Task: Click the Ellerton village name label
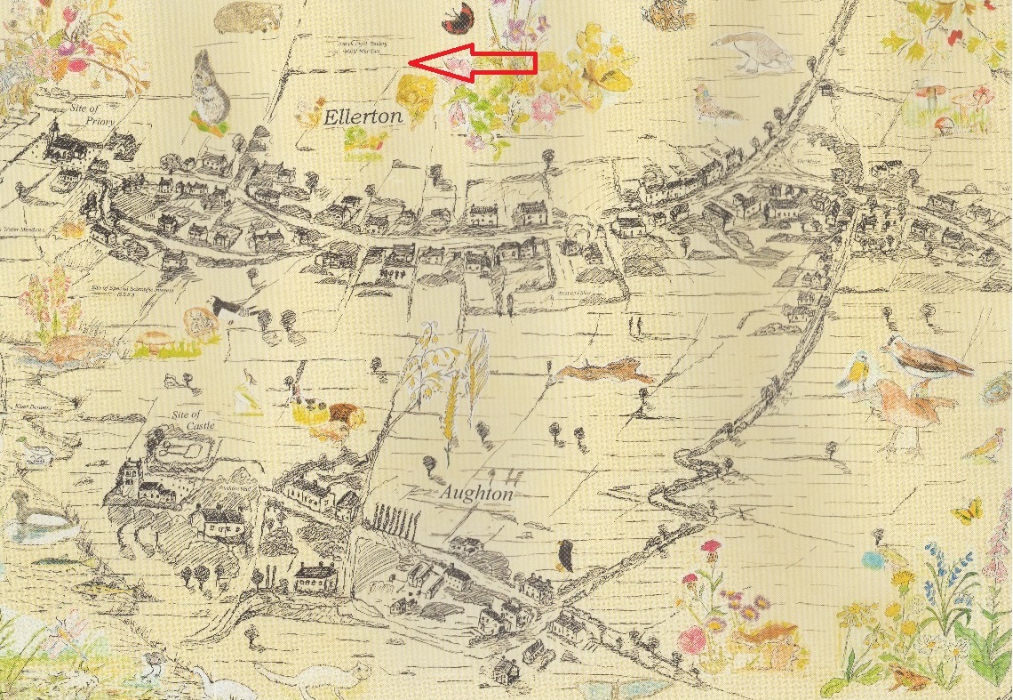coord(363,117)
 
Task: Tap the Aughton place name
coord(477,493)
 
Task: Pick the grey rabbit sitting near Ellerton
coord(211,90)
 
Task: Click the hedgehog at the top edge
coord(246,14)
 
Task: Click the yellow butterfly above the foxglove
coord(968,511)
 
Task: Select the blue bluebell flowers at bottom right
coord(938,570)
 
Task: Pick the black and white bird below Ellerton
coord(230,309)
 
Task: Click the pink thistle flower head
coord(710,547)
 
